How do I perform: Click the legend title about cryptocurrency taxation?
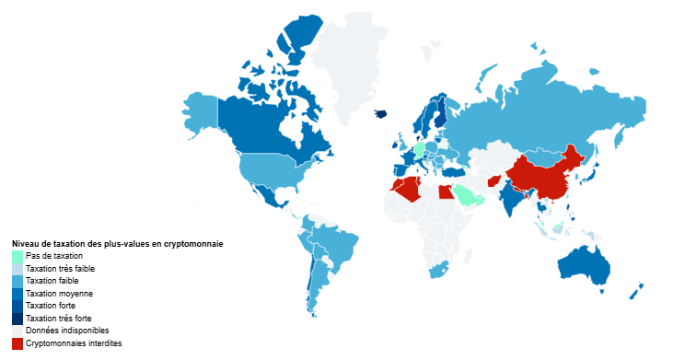point(117,243)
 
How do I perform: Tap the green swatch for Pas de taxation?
point(17,256)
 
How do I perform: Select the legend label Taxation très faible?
point(60,268)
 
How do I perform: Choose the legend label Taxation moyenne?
point(59,293)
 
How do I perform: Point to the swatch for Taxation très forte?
point(17,318)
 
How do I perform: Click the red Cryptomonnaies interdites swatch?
point(17,343)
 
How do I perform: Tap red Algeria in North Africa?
point(404,189)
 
